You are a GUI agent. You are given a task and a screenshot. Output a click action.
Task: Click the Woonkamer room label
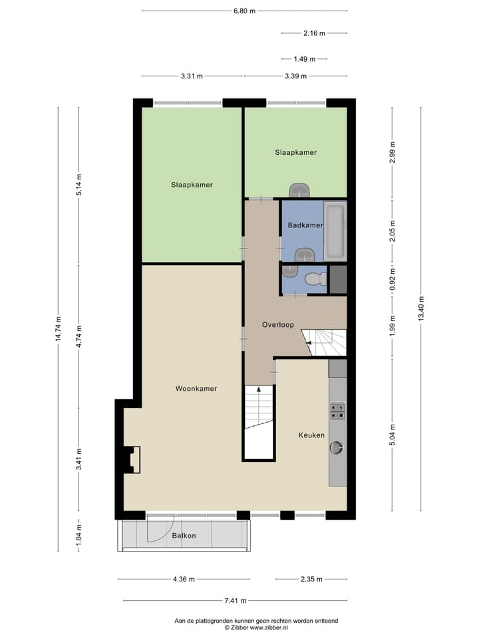tap(196, 388)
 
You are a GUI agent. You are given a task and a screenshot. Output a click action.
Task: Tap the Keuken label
tap(311, 435)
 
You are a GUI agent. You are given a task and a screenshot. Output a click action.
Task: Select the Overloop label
tap(278, 325)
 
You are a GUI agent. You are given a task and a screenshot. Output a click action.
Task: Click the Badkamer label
tap(305, 225)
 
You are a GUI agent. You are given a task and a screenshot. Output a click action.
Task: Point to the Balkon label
tap(184, 536)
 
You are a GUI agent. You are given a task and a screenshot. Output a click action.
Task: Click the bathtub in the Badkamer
tap(335, 232)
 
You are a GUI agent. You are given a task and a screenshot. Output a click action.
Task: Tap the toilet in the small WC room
tap(313, 279)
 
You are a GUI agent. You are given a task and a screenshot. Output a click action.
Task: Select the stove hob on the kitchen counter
tap(337, 411)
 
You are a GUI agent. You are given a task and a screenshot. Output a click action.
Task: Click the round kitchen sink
tap(337, 447)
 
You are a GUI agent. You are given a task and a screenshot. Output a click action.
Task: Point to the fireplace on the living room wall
tap(132, 459)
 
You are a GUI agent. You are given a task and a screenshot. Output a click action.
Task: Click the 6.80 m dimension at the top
tap(243, 11)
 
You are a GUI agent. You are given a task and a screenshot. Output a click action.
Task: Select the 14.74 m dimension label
tap(59, 328)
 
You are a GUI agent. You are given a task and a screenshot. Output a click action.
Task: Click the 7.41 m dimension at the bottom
tap(234, 601)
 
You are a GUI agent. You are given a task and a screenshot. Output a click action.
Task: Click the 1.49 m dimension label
tap(304, 58)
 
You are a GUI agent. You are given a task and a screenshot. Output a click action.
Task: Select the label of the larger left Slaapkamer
tap(192, 185)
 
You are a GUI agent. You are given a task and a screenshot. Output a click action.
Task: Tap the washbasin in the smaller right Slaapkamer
tap(299, 190)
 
